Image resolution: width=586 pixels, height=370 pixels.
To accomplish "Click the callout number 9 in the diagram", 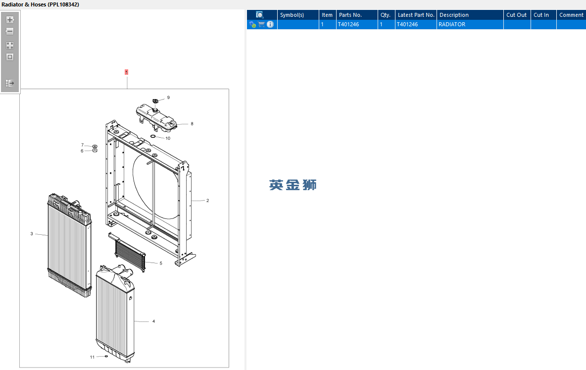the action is pyautogui.click(x=169, y=98).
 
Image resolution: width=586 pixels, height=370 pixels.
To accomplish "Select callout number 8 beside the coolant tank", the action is pyautogui.click(x=192, y=124).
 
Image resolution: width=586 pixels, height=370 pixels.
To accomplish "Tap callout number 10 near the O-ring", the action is pyautogui.click(x=168, y=138).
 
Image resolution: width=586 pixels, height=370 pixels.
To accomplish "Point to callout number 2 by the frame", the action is pyautogui.click(x=208, y=201).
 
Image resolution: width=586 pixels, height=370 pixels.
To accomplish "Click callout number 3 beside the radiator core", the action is pyautogui.click(x=32, y=234).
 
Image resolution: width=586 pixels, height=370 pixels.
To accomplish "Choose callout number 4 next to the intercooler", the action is pyautogui.click(x=153, y=321).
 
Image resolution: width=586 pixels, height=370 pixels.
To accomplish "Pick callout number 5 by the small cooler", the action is pyautogui.click(x=161, y=264).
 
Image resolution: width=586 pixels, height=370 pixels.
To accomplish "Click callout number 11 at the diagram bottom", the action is pyautogui.click(x=93, y=357).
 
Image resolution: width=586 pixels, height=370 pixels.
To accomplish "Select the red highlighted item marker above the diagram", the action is pyautogui.click(x=126, y=72).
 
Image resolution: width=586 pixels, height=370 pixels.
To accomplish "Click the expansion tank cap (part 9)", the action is pyautogui.click(x=155, y=101).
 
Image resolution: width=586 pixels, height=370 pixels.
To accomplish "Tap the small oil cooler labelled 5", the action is pyautogui.click(x=130, y=252).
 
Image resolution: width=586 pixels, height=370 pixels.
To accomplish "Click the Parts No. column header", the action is pyautogui.click(x=350, y=15).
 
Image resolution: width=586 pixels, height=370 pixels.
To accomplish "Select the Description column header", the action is pyautogui.click(x=454, y=15).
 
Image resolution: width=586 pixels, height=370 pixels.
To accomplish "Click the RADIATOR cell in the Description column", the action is pyautogui.click(x=452, y=24).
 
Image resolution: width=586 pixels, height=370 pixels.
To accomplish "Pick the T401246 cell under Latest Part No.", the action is pyautogui.click(x=407, y=24).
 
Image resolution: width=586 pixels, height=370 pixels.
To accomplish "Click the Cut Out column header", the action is pyautogui.click(x=516, y=15).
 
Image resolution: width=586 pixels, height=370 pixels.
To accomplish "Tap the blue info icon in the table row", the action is pyautogui.click(x=270, y=24).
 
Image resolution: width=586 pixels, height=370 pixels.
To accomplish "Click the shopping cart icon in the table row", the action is pyautogui.click(x=262, y=24).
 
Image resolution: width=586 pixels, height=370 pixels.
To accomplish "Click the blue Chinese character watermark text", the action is pyautogui.click(x=293, y=185).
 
